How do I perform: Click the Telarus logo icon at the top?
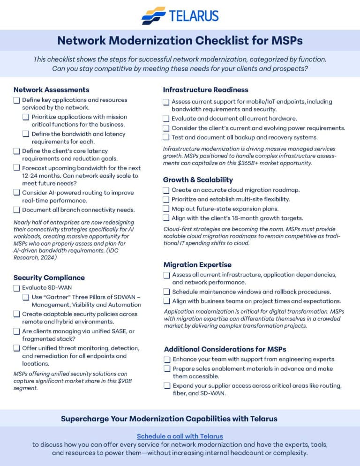(154, 15)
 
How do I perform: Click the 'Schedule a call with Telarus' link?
(180, 436)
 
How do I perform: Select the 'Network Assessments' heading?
(51, 90)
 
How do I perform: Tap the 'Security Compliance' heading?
(49, 278)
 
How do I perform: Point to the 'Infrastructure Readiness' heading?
(206, 90)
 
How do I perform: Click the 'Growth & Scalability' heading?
(198, 180)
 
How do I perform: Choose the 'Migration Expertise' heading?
(197, 265)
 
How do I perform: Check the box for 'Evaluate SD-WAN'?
(17, 288)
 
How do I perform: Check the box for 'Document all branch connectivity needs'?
(17, 210)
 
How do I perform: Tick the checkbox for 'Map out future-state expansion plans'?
(166, 209)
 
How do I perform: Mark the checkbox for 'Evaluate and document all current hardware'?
(166, 119)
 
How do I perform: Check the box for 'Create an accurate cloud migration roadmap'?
(166, 190)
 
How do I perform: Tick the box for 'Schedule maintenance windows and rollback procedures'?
(167, 292)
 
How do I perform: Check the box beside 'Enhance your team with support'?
(167, 360)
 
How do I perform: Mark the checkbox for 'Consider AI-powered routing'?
(17, 193)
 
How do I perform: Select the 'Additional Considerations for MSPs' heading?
(225, 349)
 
